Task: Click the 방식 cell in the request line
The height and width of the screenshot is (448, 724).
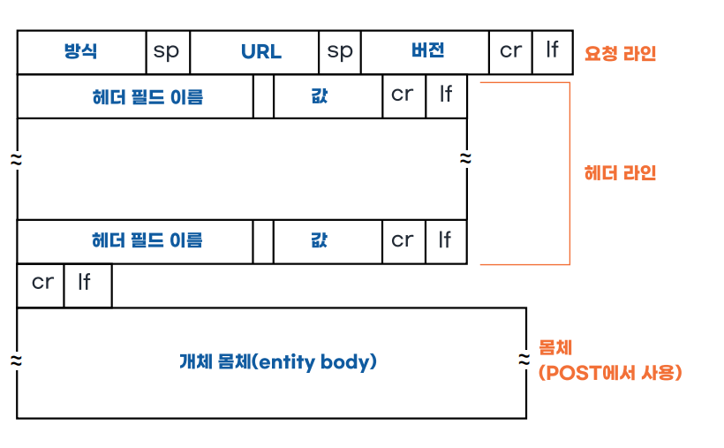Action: pyautogui.click(x=81, y=52)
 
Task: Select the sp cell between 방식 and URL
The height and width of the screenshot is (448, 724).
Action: pyautogui.click(x=167, y=52)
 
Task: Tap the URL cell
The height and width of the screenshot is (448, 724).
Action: pyautogui.click(x=260, y=52)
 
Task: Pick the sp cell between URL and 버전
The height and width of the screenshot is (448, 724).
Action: pyautogui.click(x=340, y=52)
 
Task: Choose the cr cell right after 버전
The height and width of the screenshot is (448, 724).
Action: pyautogui.click(x=510, y=52)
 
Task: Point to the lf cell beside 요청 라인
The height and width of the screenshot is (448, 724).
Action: pyautogui.click(x=552, y=52)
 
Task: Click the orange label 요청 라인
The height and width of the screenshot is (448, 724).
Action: pyautogui.click(x=621, y=53)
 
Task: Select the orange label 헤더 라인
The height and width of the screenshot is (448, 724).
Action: pyautogui.click(x=621, y=173)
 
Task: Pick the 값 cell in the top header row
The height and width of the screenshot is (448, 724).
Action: pyautogui.click(x=320, y=96)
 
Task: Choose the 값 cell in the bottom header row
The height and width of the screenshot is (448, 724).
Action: pyautogui.click(x=320, y=240)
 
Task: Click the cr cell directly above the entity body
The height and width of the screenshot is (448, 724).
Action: pyautogui.click(x=41, y=284)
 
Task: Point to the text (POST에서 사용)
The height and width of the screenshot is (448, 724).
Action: pyautogui.click(x=610, y=373)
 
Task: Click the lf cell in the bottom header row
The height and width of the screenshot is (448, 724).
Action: pyautogui.click(x=445, y=240)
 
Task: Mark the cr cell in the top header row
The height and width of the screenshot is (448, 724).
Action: pyautogui.click(x=403, y=96)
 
